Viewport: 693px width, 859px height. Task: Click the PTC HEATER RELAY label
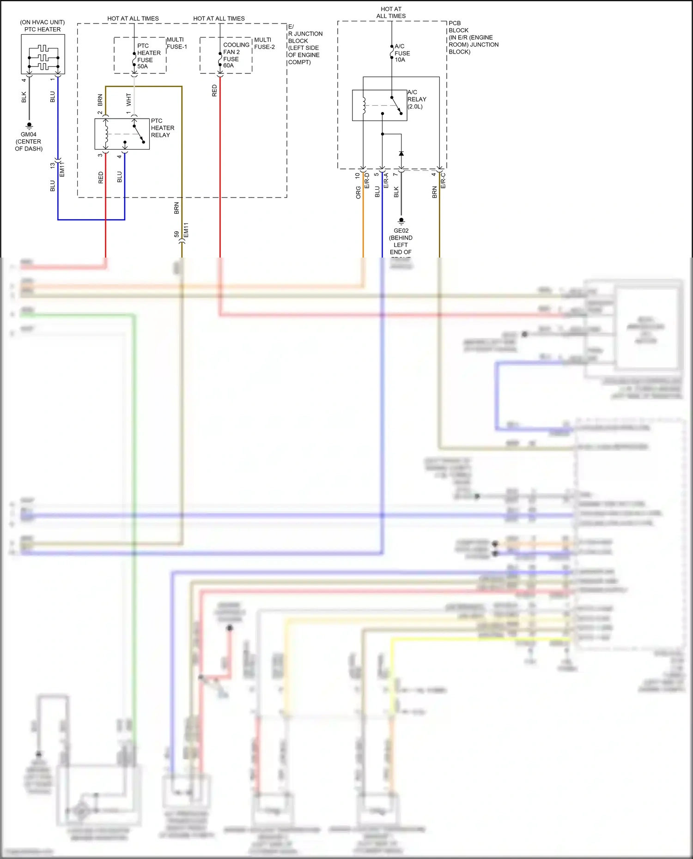[162, 128]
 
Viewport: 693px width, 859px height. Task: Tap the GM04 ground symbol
[29, 125]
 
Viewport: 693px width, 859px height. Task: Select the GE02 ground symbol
[401, 221]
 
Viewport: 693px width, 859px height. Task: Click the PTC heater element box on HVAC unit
[43, 54]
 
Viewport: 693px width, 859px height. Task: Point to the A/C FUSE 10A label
[402, 53]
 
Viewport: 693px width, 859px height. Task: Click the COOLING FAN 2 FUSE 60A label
[236, 55]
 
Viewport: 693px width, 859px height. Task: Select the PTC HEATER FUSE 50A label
[148, 56]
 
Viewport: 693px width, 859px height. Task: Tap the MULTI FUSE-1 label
[176, 43]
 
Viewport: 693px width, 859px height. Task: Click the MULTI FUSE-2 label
[264, 43]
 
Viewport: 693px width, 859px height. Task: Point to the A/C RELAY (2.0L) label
[416, 99]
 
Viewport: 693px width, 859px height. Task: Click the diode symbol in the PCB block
[401, 153]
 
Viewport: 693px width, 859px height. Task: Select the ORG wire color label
[358, 192]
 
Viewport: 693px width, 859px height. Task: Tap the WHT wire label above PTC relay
[128, 99]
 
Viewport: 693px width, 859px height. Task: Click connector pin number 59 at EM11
[176, 234]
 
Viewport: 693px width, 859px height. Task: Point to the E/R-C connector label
[443, 180]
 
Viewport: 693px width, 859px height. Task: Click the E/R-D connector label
[367, 180]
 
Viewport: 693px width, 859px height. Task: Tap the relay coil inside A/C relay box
[364, 105]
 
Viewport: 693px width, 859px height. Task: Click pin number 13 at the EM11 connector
[52, 165]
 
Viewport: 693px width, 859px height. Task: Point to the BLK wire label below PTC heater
[24, 97]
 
